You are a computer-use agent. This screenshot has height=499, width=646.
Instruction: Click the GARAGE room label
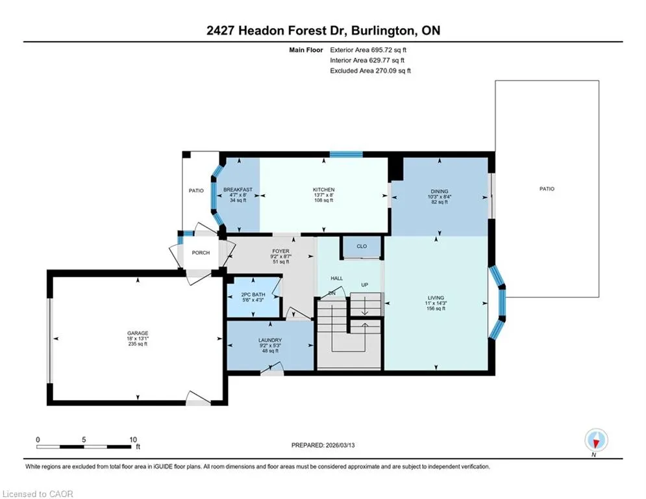click(x=138, y=333)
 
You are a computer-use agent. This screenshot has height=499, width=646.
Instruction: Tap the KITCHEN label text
click(x=323, y=190)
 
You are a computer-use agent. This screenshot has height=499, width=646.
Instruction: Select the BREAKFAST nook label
click(x=238, y=190)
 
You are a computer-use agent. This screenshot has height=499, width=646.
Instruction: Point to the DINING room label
click(x=439, y=192)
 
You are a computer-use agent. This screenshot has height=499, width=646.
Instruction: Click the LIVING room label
click(x=436, y=298)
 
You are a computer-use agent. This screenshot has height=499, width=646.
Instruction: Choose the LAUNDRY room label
click(x=270, y=340)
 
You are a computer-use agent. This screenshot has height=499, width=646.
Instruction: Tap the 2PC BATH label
click(x=253, y=294)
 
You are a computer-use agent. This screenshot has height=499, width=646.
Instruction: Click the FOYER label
click(x=280, y=251)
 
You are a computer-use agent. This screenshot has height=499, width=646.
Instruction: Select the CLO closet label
click(x=362, y=246)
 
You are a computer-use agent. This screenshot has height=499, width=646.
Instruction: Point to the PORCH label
click(x=201, y=253)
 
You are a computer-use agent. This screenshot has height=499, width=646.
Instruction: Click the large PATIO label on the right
click(x=547, y=189)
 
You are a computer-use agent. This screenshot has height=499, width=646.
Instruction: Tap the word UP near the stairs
click(x=365, y=285)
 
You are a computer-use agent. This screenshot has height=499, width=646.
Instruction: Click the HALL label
click(x=336, y=278)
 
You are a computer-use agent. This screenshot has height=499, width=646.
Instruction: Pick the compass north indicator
click(x=596, y=440)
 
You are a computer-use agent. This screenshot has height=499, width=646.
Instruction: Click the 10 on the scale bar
click(x=132, y=440)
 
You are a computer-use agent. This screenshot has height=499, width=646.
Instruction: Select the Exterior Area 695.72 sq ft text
click(x=368, y=50)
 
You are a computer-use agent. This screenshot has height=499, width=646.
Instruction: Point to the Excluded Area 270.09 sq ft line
click(x=370, y=71)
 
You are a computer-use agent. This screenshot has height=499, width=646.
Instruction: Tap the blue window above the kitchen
click(x=346, y=155)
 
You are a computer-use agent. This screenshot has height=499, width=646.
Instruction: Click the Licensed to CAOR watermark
click(x=38, y=494)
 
